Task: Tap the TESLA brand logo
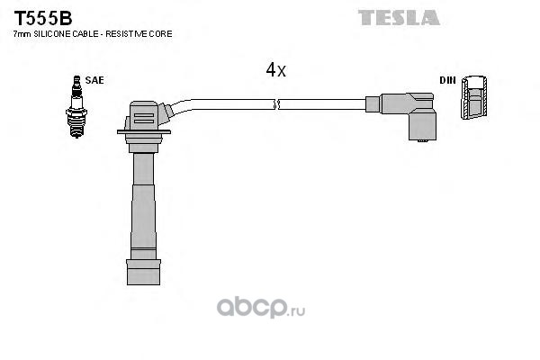click(399, 17)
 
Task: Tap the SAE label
click(96, 80)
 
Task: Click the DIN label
click(446, 80)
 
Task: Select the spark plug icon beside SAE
click(76, 108)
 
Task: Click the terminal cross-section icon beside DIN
click(473, 99)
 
